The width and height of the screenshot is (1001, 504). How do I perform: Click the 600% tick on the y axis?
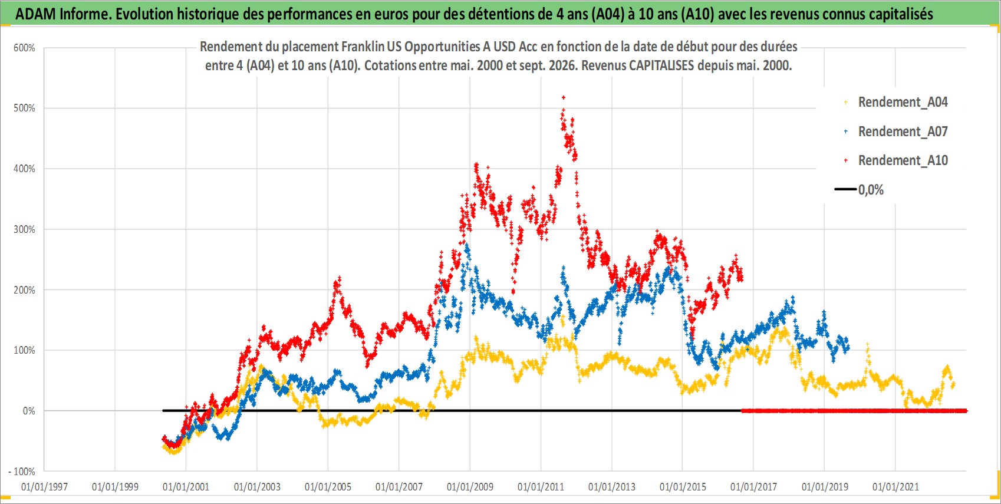coord(24,48)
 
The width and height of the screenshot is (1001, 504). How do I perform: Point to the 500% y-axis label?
coord(24,108)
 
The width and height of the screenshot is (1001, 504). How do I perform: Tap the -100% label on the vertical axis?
coord(21,472)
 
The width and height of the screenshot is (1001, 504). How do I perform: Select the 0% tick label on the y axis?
coord(29,411)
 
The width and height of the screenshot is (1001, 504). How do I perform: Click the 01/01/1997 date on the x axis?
coord(44,486)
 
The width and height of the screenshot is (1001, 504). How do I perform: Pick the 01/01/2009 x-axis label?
coord(470,486)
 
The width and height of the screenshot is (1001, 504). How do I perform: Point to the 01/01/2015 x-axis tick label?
coord(683,486)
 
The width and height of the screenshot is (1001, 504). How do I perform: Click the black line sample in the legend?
coord(845,189)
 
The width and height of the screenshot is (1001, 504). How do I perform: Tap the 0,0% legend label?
coord(871,190)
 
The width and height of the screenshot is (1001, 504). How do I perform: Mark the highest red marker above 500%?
coord(564,97)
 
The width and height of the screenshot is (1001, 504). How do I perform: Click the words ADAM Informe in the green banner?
coord(62,14)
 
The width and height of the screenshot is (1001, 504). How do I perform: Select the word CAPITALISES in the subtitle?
coord(661,65)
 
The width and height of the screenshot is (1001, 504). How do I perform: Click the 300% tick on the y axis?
coord(24,229)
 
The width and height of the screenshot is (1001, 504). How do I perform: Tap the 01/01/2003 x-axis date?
coord(257,486)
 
